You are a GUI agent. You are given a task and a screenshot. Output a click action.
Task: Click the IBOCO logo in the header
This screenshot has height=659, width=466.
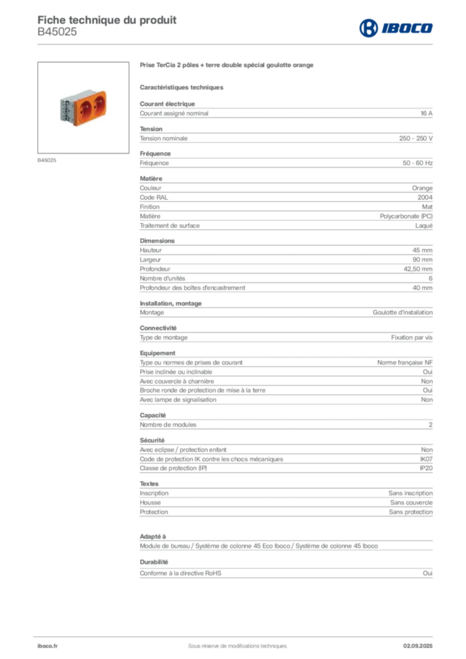click(x=396, y=28)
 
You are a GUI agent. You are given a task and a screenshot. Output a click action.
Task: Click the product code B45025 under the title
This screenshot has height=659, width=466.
click(x=57, y=32)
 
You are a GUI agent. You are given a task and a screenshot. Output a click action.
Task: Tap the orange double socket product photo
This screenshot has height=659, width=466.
click(x=83, y=107)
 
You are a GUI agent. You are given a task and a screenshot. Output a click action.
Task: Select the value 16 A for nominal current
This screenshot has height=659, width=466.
click(x=426, y=113)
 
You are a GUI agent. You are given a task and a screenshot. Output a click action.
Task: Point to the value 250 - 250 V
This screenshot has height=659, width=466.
click(x=416, y=138)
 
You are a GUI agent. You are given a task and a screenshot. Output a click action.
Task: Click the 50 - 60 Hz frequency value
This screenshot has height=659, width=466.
click(x=417, y=163)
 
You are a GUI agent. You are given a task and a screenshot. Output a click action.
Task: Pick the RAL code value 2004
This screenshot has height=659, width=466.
click(x=425, y=198)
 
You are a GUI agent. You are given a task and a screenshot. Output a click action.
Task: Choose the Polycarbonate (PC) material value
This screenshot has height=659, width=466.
click(x=406, y=216)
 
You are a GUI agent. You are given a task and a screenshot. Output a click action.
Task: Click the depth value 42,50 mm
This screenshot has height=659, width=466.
click(x=418, y=269)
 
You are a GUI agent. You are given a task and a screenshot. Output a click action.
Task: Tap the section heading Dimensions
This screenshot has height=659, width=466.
click(x=157, y=241)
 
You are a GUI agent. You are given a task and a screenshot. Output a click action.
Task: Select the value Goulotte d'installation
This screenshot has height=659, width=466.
click(x=402, y=313)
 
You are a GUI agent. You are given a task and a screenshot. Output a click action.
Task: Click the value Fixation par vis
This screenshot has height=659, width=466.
click(x=411, y=337)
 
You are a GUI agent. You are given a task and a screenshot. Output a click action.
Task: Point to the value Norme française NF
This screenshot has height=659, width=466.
click(x=405, y=363)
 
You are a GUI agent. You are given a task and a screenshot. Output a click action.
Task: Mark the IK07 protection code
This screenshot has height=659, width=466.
click(x=426, y=459)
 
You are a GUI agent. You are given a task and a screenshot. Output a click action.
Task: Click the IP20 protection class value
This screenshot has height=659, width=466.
click(x=426, y=469)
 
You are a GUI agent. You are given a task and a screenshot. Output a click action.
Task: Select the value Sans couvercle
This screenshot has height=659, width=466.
click(x=411, y=503)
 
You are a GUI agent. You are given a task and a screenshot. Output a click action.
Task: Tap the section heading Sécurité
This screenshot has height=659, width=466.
click(x=152, y=440)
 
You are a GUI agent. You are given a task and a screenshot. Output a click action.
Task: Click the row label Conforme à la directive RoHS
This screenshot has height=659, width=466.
click(x=180, y=573)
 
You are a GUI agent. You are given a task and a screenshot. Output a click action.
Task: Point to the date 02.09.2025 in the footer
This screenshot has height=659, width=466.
click(x=418, y=646)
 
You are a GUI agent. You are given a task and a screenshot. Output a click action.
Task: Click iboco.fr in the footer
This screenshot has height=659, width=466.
click(x=48, y=646)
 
